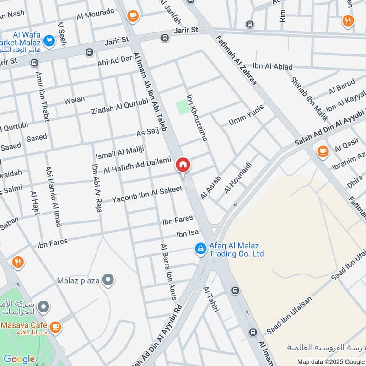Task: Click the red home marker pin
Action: (183, 165)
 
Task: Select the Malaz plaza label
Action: (78, 280)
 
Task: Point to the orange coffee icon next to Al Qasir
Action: (323, 151)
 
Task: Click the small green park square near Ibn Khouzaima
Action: (182, 107)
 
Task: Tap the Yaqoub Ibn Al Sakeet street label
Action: (147, 194)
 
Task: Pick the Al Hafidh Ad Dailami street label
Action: (137, 165)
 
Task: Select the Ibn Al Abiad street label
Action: (272, 67)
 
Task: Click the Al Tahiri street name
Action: (211, 300)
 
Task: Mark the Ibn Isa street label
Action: (188, 234)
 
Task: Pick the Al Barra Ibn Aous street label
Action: (168, 272)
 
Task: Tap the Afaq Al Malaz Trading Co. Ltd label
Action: (237, 249)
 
